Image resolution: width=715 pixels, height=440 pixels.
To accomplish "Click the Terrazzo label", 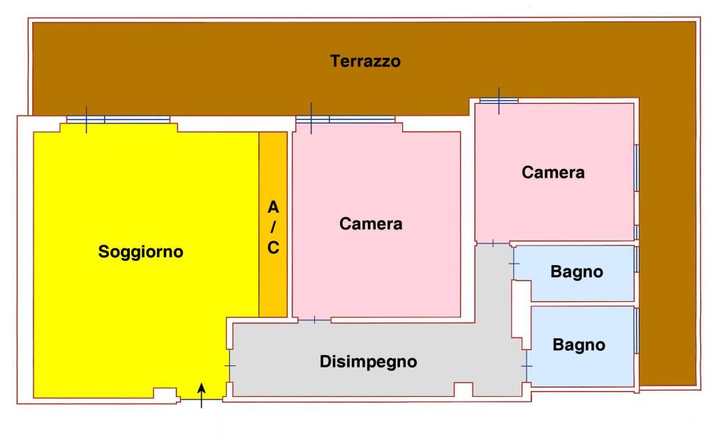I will click(365, 61).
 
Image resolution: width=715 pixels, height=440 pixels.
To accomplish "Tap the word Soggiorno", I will click(140, 252).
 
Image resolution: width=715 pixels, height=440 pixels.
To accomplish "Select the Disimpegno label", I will click(368, 362).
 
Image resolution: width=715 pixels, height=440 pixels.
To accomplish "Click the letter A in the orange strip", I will click(273, 207).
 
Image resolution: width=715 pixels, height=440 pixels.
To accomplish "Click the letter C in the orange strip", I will click(273, 248).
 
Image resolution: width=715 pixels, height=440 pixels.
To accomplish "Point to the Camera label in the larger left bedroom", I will click(371, 224).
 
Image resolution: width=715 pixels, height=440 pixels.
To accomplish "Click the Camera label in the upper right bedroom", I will click(553, 172).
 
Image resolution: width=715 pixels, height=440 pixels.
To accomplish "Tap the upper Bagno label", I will click(577, 272).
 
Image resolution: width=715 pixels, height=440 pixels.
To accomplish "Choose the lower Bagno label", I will click(579, 344).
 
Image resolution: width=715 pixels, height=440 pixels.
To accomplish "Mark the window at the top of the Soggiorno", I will click(118, 119).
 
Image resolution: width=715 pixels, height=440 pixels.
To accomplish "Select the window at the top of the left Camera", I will click(345, 119).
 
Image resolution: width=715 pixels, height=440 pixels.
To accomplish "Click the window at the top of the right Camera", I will click(499, 100).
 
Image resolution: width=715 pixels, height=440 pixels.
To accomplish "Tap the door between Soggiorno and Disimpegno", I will click(229, 366).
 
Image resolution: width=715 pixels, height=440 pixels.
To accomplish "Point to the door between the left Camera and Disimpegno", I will click(314, 319).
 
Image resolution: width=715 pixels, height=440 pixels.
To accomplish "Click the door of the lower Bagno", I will click(526, 366).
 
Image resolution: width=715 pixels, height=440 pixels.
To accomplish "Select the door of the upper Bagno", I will click(515, 264).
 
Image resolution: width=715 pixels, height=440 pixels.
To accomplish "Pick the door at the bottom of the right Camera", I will click(493, 243).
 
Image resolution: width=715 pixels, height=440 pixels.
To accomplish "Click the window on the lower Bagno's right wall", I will click(636, 330).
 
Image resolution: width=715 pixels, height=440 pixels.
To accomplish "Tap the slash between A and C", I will click(273, 227).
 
